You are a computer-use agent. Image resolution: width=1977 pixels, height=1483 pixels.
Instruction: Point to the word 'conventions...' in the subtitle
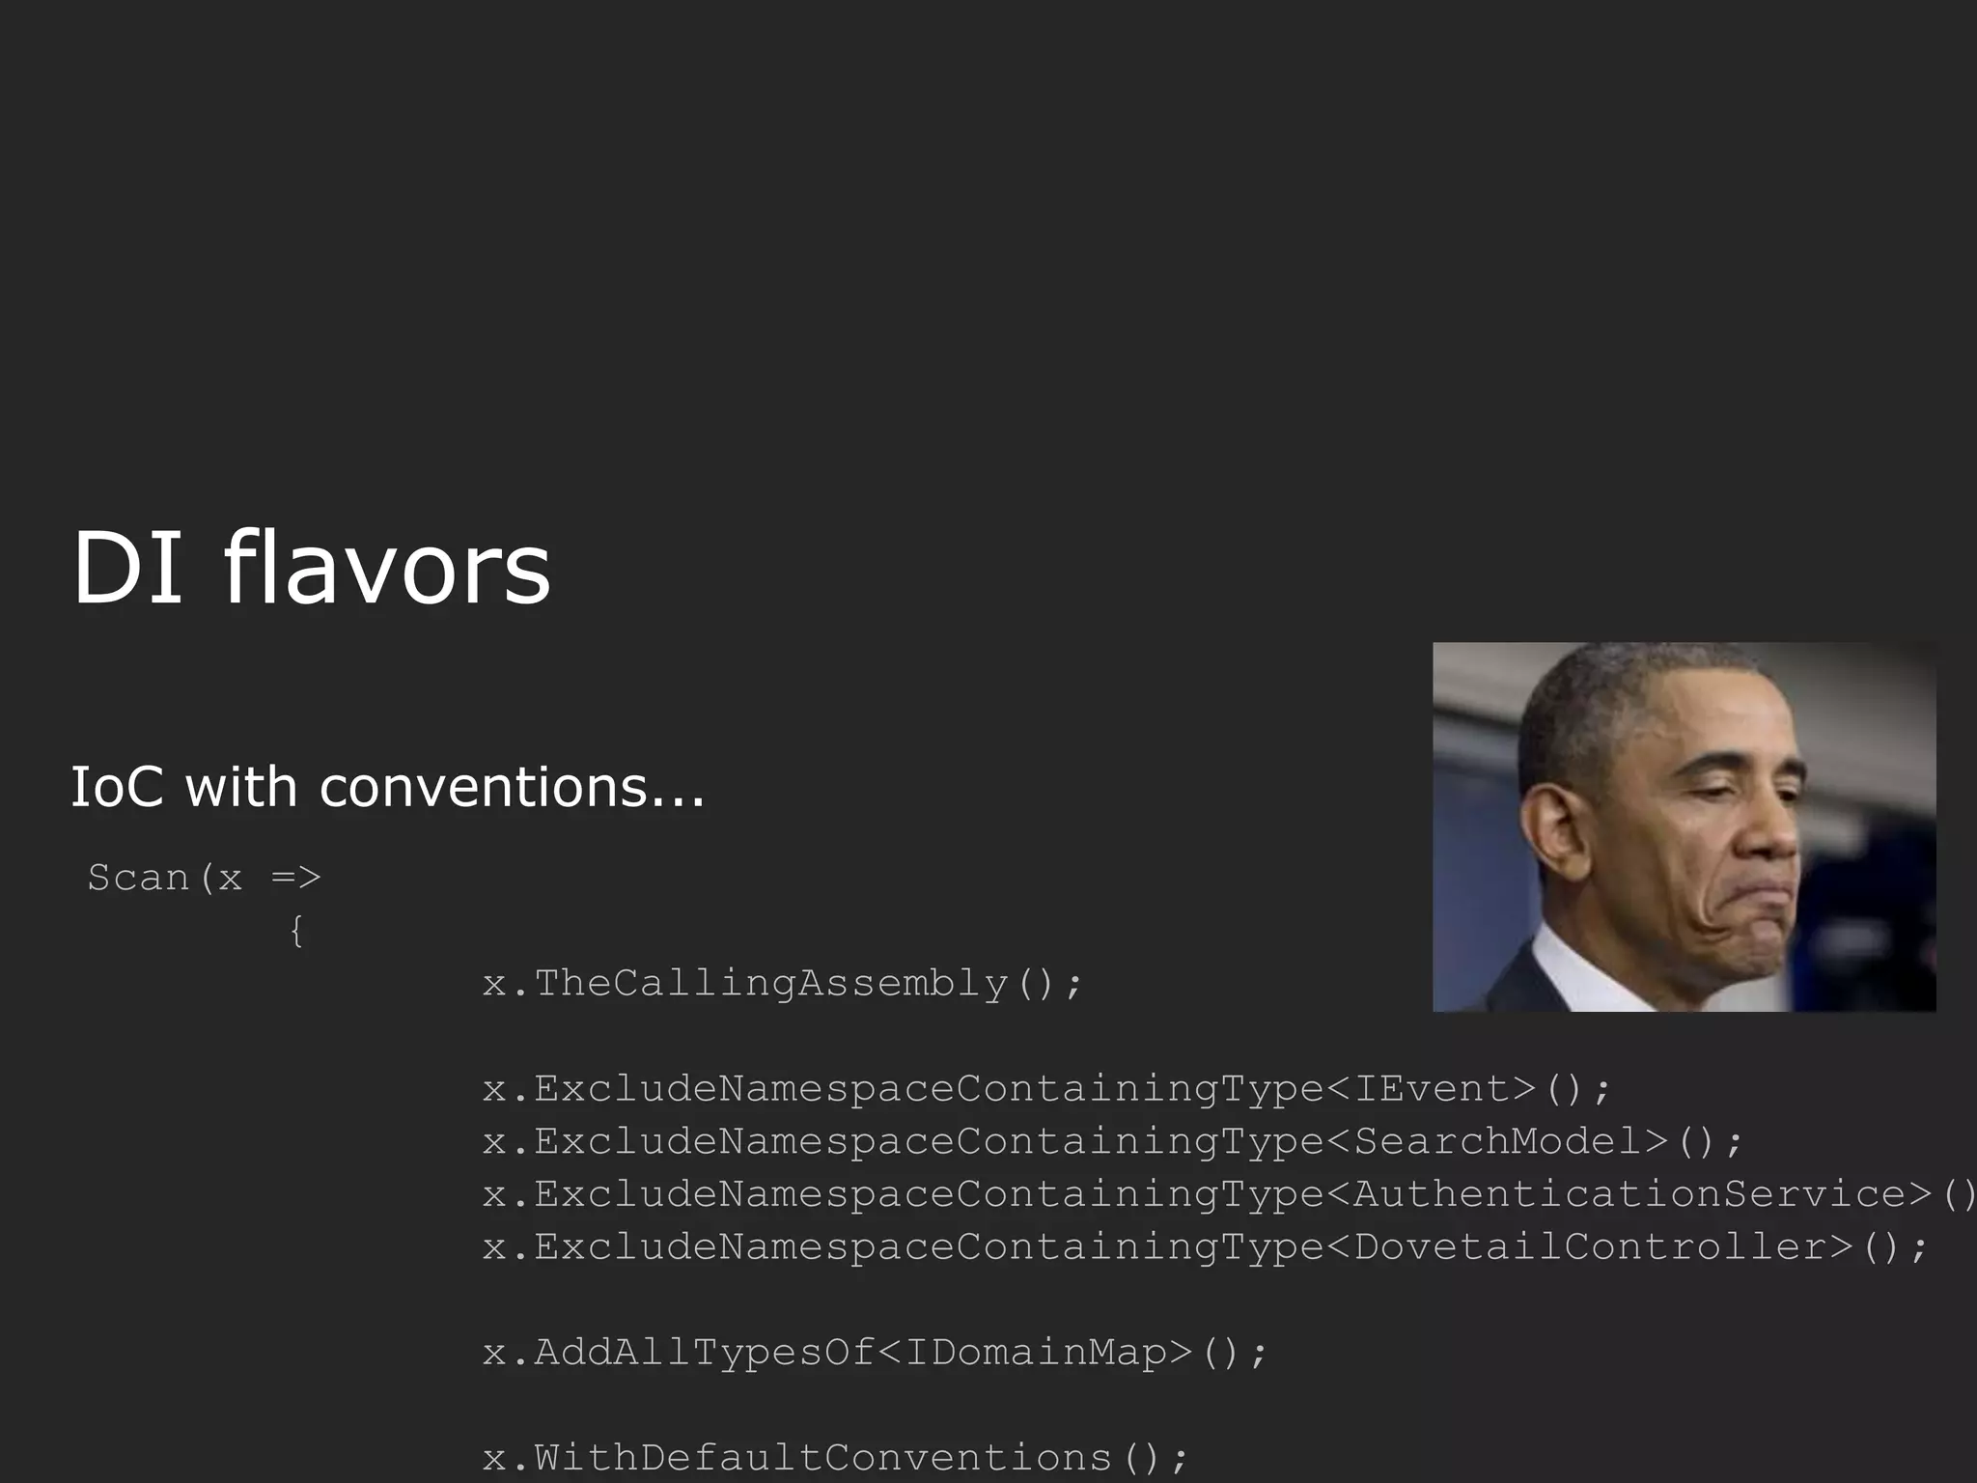click(512, 788)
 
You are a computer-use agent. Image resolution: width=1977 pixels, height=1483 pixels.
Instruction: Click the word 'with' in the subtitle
click(240, 786)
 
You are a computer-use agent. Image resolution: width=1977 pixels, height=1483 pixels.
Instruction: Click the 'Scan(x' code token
click(164, 878)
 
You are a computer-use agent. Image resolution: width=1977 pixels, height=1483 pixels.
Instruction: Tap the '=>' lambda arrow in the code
click(295, 878)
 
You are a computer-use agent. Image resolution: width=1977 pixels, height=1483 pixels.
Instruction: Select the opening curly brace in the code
click(296, 932)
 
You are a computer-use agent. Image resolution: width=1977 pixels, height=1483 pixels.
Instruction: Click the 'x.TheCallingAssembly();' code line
click(783, 984)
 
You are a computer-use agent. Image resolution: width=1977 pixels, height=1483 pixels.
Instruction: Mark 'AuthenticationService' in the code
click(1629, 1194)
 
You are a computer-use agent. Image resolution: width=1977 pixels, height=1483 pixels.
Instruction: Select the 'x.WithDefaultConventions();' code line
click(835, 1457)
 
